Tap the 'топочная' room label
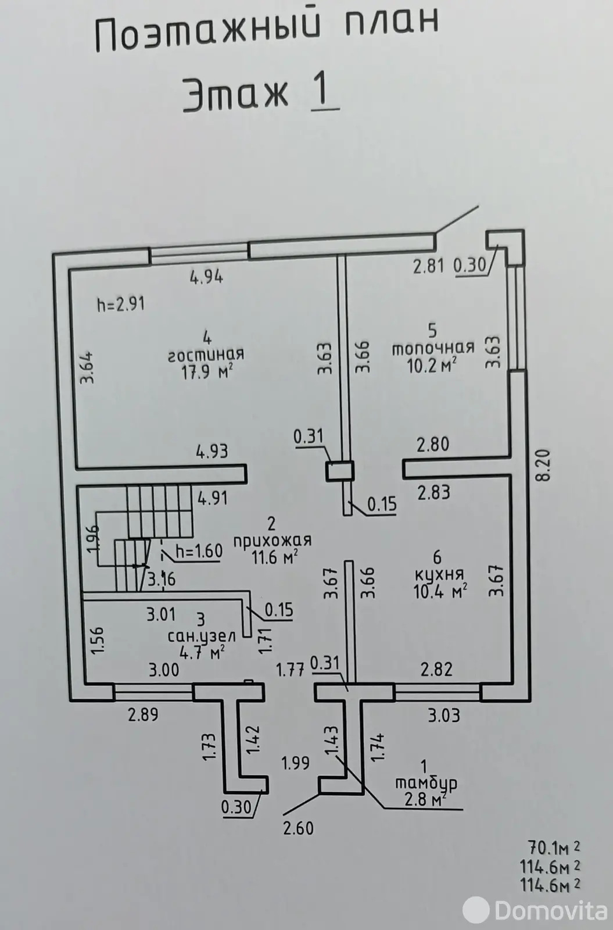433,348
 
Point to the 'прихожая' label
272,540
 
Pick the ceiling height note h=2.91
120,303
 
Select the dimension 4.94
206,277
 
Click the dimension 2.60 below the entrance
298,827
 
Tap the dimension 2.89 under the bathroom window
143,714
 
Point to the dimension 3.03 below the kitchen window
444,715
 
